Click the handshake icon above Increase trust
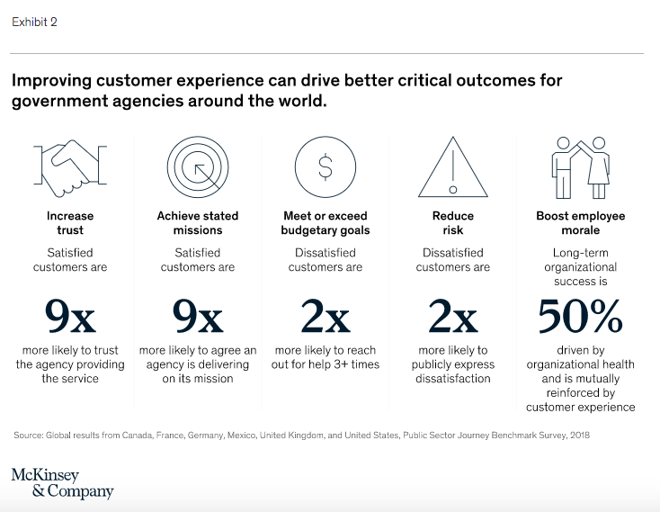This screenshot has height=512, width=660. [70, 168]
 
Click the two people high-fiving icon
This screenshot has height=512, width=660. [580, 166]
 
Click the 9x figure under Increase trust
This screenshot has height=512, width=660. [70, 318]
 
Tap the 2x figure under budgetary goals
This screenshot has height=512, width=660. [325, 318]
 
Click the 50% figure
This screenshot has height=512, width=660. [580, 318]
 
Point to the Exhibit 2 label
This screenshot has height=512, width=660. [34, 22]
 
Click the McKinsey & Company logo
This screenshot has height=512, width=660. [62, 483]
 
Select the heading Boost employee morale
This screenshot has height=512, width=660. [580, 223]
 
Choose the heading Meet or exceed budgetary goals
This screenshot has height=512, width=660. [325, 223]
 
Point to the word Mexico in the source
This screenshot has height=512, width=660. [239, 436]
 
